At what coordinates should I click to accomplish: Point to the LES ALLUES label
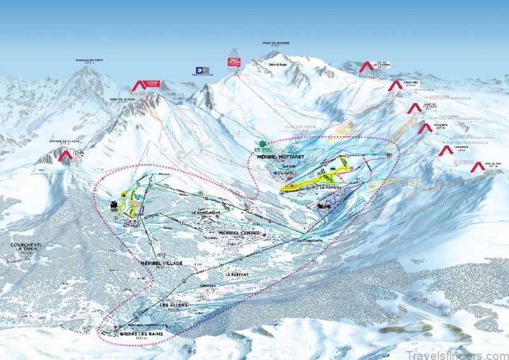coord(173,305)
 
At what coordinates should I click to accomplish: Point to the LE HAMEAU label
coord(332,188)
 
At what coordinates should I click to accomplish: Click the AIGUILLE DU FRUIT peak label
coord(89,61)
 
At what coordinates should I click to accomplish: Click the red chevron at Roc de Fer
coord(477,167)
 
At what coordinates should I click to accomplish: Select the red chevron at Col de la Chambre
coord(365,66)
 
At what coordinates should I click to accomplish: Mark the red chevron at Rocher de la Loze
coord(64,156)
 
